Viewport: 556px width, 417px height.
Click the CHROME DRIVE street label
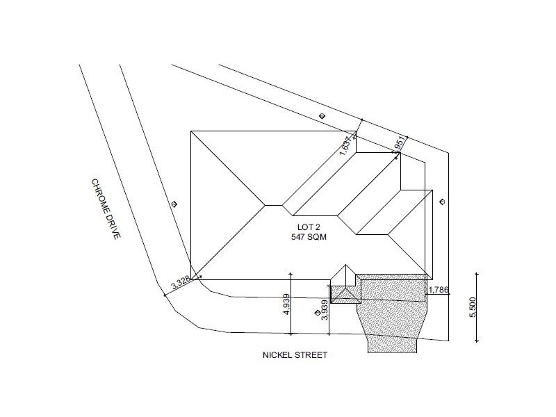pos(106,209)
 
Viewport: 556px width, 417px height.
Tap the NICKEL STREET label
pos(295,355)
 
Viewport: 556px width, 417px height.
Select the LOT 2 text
pos(309,227)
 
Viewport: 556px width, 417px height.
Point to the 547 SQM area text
pos(309,237)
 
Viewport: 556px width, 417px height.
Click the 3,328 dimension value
pos(181,282)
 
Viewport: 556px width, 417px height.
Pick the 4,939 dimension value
pos(286,304)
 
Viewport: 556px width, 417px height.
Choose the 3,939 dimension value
pos(325,309)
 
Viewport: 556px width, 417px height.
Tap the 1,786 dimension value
pos(439,290)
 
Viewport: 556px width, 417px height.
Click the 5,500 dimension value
pos(473,307)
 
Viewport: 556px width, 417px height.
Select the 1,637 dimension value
pos(347,145)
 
